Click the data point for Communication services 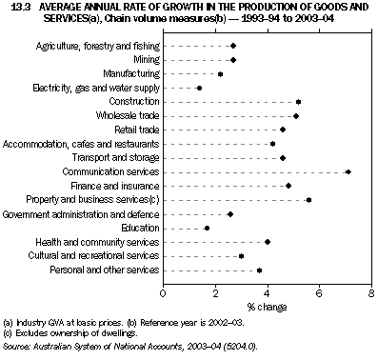click(x=348, y=172)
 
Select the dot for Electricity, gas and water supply click(x=199, y=88)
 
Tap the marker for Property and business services click(x=308, y=200)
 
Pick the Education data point click(x=207, y=229)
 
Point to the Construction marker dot click(x=298, y=102)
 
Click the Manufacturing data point click(x=220, y=73)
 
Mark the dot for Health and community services click(x=268, y=242)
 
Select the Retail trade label click(x=137, y=130)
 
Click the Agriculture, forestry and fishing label click(x=98, y=46)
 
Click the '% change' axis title click(x=268, y=306)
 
